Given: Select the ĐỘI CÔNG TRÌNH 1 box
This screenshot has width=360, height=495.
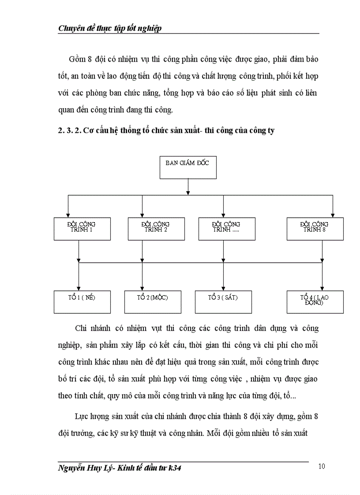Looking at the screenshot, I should [x=82, y=228].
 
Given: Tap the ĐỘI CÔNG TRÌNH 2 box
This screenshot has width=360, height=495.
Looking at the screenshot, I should [x=156, y=228].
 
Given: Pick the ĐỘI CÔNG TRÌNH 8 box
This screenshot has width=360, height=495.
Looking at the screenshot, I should [x=315, y=228].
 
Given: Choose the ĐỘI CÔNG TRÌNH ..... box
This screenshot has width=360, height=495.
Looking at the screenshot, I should [x=226, y=228].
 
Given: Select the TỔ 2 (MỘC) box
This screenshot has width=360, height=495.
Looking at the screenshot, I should [x=153, y=301].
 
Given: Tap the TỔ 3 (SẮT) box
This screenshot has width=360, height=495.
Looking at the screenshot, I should [x=223, y=301].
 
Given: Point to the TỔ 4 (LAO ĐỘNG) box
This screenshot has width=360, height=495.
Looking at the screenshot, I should [x=315, y=301].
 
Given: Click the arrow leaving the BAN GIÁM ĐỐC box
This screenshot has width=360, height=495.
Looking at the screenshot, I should [x=188, y=186].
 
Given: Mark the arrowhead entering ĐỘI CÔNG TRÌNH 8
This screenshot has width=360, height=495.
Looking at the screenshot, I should [x=333, y=215].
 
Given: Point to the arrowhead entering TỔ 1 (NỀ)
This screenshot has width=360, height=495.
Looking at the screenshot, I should [x=79, y=288].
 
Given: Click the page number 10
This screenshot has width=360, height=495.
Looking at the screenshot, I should [x=322, y=466].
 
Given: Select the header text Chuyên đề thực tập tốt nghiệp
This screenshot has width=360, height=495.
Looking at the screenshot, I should [x=110, y=28].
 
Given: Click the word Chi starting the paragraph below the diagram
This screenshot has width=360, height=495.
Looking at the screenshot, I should [x=81, y=328].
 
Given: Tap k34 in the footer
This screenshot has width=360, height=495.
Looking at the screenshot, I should [x=173, y=468].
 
